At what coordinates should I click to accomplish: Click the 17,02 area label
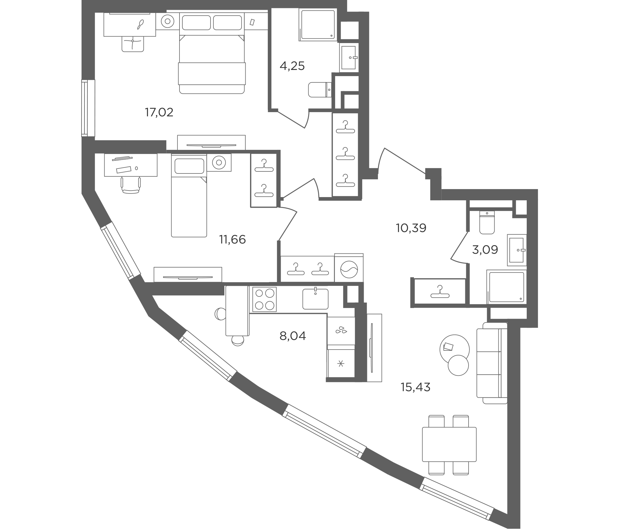click(159, 112)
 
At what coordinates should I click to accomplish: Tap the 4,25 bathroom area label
click(292, 66)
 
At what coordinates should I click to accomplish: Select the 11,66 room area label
click(233, 240)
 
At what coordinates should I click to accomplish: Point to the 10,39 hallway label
click(411, 228)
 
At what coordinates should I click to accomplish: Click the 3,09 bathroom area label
click(485, 249)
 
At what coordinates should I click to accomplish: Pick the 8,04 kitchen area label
click(293, 336)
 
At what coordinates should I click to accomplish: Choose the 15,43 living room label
click(416, 387)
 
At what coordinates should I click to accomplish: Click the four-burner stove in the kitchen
click(265, 299)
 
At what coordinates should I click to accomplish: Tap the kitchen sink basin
click(315, 299)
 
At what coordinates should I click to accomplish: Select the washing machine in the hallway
click(349, 268)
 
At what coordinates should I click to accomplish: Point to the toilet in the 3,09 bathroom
click(487, 222)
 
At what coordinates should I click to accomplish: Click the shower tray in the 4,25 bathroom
click(318, 24)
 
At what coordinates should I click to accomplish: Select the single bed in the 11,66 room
click(189, 196)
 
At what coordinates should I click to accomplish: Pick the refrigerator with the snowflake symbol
click(341, 363)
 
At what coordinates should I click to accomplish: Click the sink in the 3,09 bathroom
click(517, 250)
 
